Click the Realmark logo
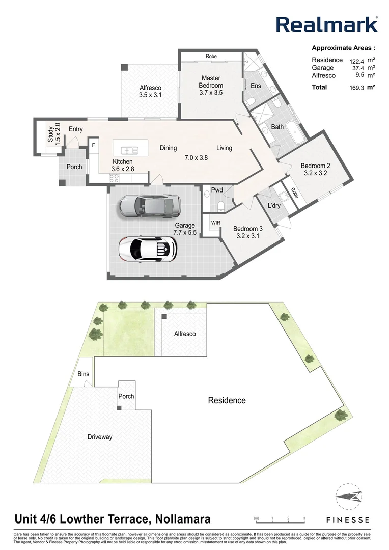tap(326, 24)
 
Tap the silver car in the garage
tap(150, 206)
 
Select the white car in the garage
tap(148, 249)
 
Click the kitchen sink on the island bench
tap(130, 150)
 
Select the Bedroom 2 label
tap(315, 169)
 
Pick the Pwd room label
tap(217, 191)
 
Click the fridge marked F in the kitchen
tap(94, 145)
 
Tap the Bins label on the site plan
tap(84, 374)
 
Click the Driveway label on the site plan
tap(100, 437)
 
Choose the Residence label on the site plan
tap(227, 400)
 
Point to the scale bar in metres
tap(280, 519)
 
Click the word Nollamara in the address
tap(180, 520)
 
